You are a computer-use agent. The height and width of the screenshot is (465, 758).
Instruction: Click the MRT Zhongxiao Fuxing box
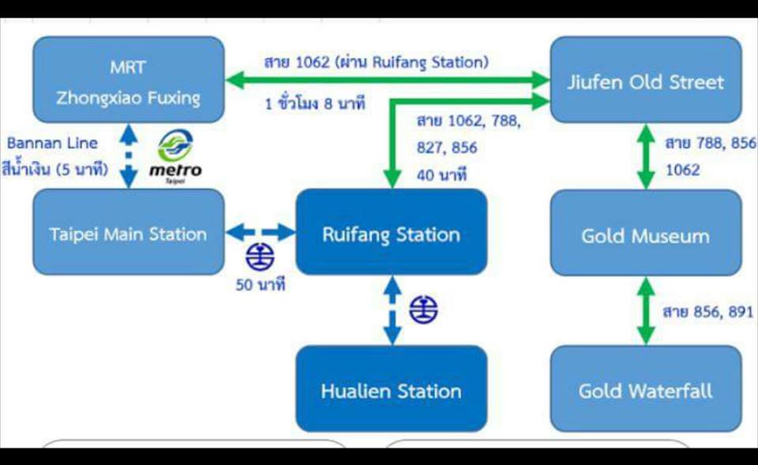129,80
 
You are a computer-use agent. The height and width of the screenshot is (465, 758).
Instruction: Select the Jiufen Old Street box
646,80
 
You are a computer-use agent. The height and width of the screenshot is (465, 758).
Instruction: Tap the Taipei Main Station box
129,232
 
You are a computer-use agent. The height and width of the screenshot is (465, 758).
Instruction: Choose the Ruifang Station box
392,232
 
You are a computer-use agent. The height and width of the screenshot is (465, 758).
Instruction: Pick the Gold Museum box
646,233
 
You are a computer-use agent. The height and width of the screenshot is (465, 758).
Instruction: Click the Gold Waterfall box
646,388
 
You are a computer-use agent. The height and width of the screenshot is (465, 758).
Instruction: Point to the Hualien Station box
392,388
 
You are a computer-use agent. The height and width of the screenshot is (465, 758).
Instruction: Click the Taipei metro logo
175,156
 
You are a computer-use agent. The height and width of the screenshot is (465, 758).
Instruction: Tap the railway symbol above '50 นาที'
260,257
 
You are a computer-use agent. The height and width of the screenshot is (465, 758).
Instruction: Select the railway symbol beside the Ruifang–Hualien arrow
423,309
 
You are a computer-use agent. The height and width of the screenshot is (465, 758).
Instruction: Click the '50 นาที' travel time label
261,285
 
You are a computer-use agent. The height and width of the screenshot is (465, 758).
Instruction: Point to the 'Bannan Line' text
52,143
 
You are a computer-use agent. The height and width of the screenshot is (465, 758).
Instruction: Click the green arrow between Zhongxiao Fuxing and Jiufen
388,80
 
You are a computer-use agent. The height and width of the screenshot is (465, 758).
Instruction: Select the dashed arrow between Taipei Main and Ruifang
260,232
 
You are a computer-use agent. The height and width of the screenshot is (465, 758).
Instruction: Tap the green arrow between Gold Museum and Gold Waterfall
646,311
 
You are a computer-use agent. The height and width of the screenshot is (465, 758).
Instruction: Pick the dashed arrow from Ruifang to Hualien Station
392,310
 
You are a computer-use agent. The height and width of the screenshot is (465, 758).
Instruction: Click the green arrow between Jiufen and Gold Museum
646,156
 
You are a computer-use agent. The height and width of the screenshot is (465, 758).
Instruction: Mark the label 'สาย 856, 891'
708,312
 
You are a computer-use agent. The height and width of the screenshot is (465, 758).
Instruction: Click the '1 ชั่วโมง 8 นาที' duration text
315,103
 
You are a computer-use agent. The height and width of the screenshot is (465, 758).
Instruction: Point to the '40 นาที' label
441,174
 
